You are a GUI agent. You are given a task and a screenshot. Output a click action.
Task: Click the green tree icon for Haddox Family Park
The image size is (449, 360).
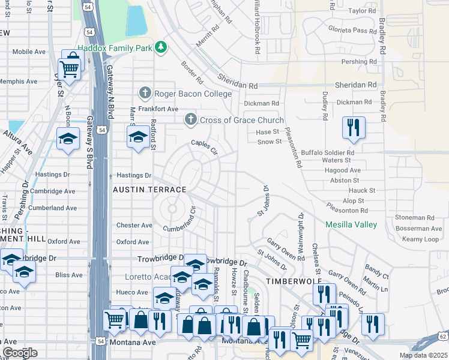(x=160, y=47)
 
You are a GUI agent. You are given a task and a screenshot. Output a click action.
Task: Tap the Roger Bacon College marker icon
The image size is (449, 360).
(x=145, y=93)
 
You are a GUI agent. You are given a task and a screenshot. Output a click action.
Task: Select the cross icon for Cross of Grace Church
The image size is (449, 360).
(x=190, y=119)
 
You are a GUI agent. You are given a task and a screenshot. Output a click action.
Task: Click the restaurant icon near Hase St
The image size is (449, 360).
(x=353, y=128)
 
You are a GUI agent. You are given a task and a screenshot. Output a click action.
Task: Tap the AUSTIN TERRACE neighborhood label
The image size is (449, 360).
(x=149, y=189)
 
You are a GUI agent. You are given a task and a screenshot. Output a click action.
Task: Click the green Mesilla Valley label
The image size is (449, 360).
(x=351, y=224)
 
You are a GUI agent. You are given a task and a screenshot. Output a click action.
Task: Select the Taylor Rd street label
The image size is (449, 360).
(x=361, y=11)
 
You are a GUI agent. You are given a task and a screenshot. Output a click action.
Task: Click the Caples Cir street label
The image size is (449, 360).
(x=203, y=143)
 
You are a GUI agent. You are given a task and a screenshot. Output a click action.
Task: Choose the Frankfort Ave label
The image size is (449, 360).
(x=158, y=109)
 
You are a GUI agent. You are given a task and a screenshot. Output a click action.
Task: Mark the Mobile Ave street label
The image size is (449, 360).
(x=29, y=52)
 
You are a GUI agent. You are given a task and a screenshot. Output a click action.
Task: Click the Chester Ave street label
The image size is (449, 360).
(x=134, y=225)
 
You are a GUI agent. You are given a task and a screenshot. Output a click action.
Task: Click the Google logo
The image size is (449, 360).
(x=20, y=353)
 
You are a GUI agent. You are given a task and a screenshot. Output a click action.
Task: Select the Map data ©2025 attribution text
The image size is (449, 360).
(x=423, y=355)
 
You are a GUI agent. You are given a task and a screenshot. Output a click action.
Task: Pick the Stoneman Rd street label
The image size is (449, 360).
(x=414, y=217)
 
